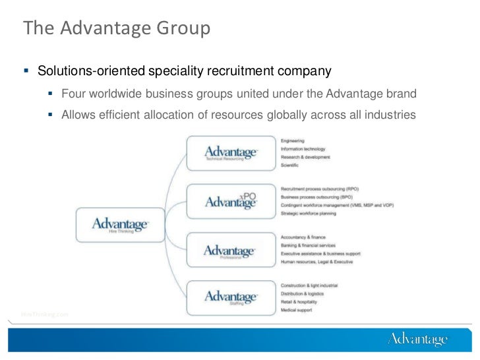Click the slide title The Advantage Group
[x=116, y=29]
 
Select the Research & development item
[x=305, y=157]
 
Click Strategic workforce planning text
[x=308, y=213]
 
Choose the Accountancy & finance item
[x=303, y=237]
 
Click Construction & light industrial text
[x=309, y=285]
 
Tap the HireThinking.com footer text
[x=45, y=313]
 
